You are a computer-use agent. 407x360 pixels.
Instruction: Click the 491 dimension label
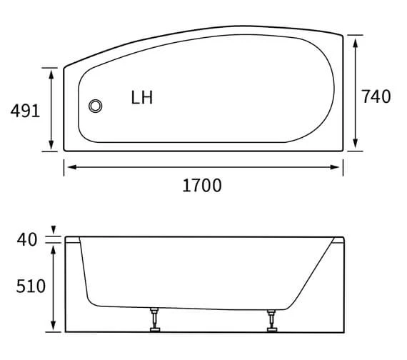tap(24, 110)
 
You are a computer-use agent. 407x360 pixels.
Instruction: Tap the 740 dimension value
tap(376, 96)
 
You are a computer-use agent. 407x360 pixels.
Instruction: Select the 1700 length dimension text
tap(202, 186)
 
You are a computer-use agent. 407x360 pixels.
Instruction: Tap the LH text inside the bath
tap(141, 98)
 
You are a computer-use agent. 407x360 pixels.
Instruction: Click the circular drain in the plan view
tap(96, 106)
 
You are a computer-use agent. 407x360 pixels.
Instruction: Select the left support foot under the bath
tap(154, 320)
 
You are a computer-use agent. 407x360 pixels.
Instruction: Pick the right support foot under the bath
tap(272, 320)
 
